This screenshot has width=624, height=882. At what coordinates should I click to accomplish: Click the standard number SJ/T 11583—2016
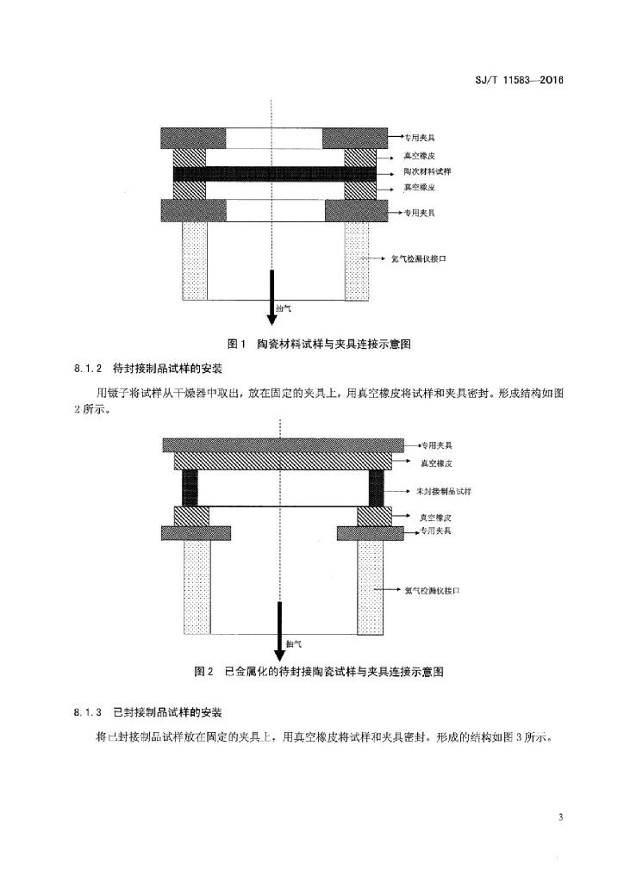(519, 80)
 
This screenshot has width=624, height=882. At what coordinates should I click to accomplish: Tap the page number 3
(560, 817)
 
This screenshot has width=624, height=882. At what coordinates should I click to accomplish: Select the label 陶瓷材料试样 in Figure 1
(427, 171)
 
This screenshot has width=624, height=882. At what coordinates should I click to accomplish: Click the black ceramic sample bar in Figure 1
(274, 174)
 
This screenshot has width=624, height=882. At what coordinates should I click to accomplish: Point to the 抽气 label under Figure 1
(284, 309)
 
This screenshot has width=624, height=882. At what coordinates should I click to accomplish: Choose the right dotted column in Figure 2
(371, 587)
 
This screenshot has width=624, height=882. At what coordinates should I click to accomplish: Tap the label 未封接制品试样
(444, 491)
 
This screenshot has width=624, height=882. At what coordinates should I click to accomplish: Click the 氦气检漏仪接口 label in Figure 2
(432, 591)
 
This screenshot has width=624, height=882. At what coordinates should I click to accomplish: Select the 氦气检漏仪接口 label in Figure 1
(419, 258)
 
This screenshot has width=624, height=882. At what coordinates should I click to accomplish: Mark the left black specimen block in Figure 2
(190, 488)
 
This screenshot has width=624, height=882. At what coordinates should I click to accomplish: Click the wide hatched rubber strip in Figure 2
(283, 461)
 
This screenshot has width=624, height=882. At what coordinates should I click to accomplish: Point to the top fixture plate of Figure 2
(283, 445)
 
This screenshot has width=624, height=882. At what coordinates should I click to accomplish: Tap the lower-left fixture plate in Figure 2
(196, 533)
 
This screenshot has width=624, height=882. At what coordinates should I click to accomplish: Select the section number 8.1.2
(87, 369)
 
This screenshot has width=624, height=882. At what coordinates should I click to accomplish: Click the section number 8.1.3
(87, 712)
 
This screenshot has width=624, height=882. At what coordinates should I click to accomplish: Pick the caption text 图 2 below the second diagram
(203, 672)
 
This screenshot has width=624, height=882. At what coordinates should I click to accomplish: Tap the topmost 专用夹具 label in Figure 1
(420, 137)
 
